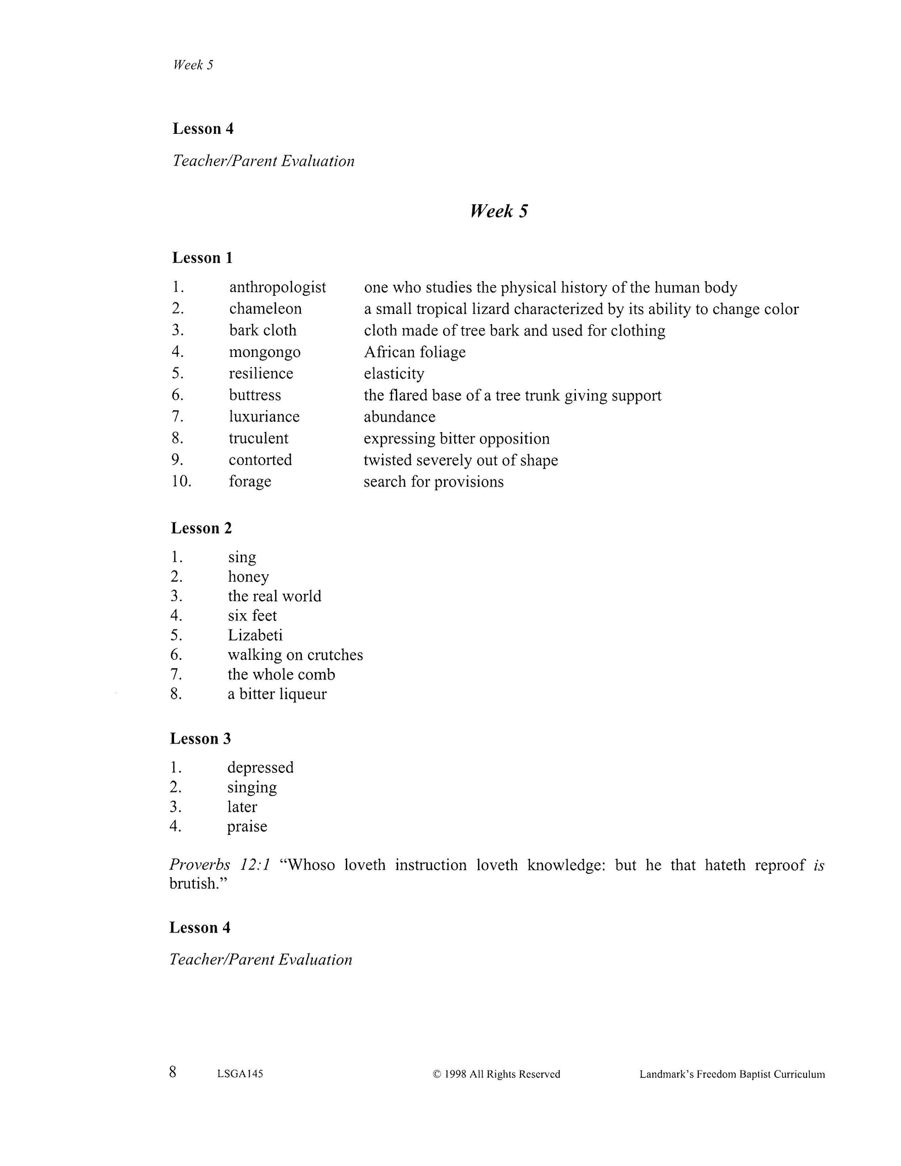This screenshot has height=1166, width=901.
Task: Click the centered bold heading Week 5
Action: [499, 212]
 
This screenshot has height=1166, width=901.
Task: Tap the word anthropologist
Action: [277, 287]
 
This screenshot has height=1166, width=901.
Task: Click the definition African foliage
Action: [415, 352]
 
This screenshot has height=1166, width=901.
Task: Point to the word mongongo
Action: [265, 352]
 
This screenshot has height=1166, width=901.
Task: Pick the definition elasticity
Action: [394, 373]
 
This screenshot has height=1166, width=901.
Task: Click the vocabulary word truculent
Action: [258, 439]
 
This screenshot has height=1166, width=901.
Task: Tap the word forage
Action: [250, 482]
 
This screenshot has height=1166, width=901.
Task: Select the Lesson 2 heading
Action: [201, 528]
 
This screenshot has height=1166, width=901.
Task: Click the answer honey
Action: [248, 577]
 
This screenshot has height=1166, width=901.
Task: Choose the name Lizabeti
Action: [255, 635]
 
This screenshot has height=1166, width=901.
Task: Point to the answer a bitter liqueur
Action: [277, 694]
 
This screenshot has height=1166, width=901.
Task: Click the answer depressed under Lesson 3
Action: [261, 767]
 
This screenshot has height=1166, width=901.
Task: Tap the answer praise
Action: [247, 826]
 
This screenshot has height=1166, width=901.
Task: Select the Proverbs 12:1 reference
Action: [220, 865]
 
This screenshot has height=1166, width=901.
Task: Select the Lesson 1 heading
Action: [202, 258]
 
